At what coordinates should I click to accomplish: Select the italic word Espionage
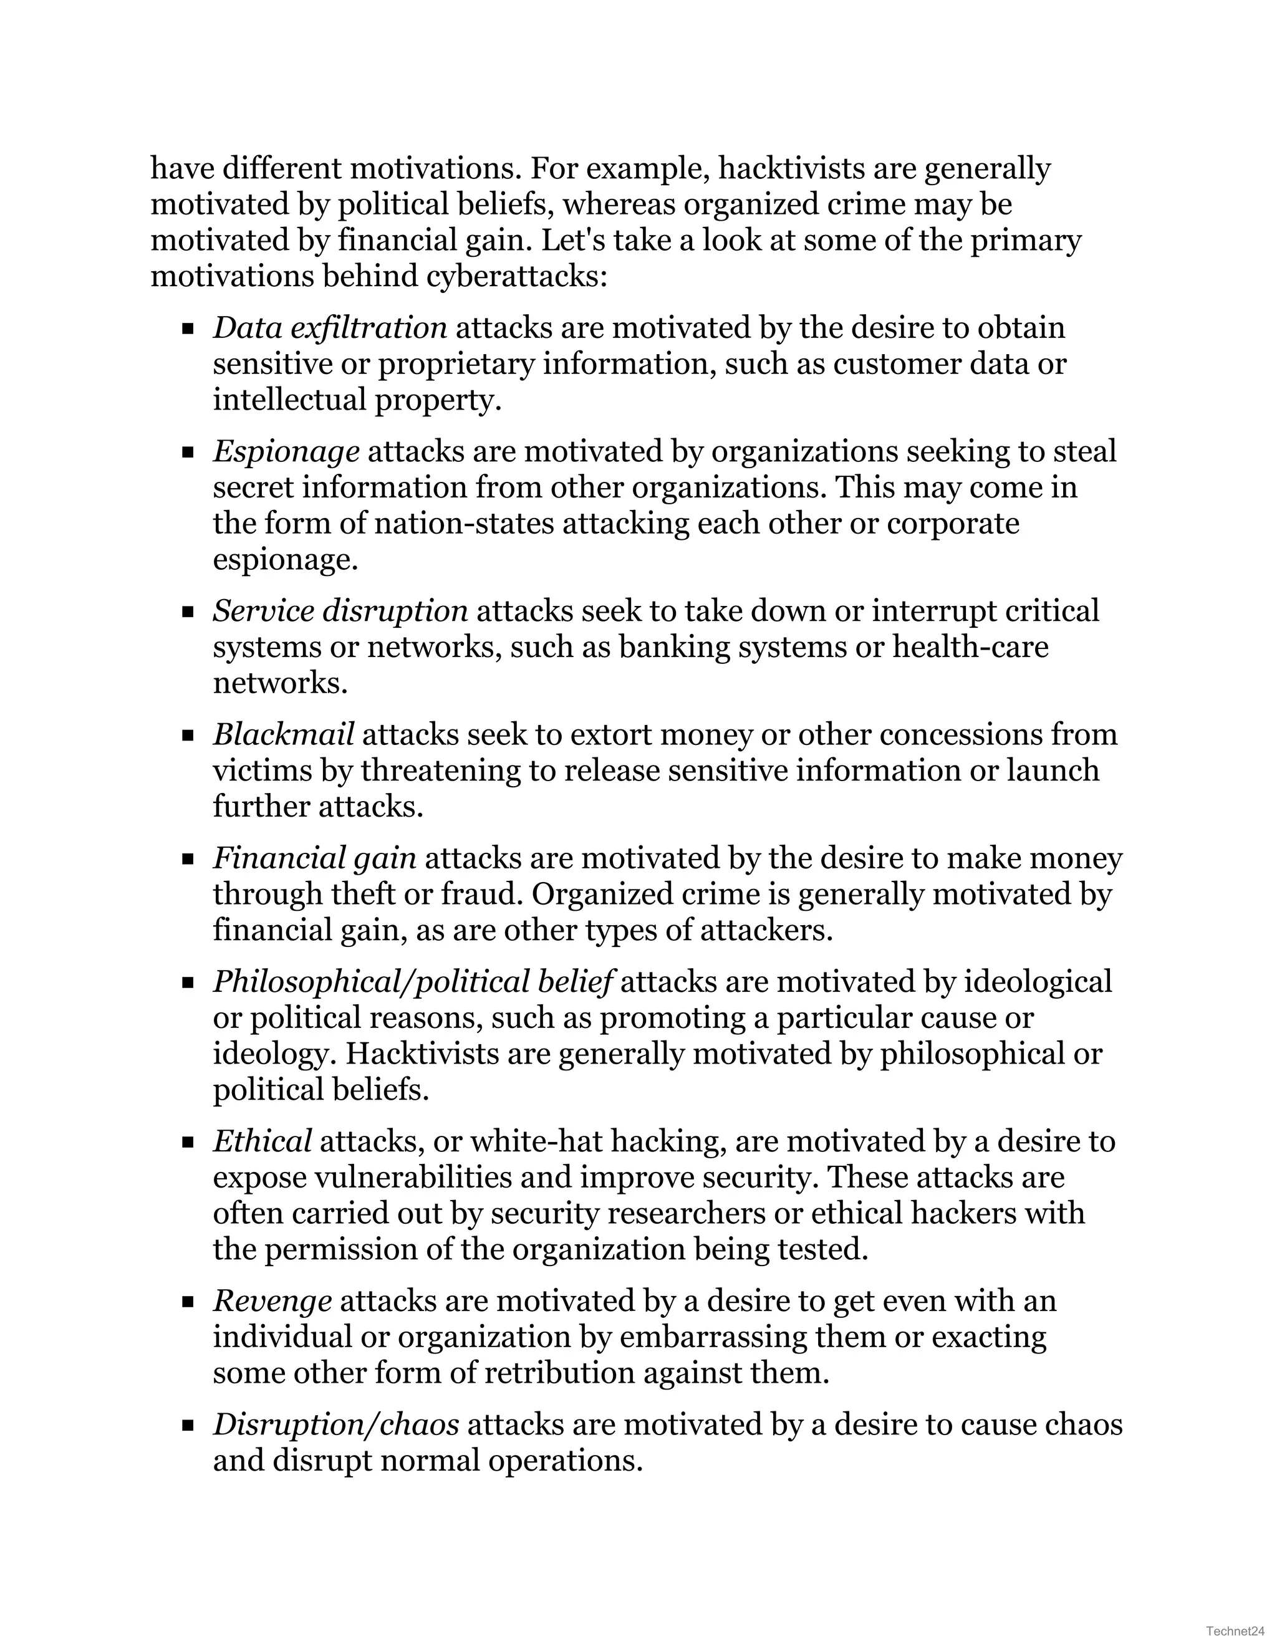(286, 451)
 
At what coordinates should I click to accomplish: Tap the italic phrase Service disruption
(340, 611)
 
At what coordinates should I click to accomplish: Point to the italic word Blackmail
(284, 734)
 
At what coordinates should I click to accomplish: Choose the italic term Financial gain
(315, 858)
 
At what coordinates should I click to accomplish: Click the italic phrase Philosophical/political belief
(412, 982)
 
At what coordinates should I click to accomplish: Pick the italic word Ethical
(263, 1141)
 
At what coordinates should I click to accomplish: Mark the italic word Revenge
(272, 1301)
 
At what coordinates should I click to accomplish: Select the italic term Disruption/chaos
(336, 1424)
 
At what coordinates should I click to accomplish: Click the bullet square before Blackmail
(188, 735)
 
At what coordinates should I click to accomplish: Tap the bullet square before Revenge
(188, 1302)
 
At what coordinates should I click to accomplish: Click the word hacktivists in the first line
(791, 169)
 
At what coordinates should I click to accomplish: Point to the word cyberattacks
(516, 277)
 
